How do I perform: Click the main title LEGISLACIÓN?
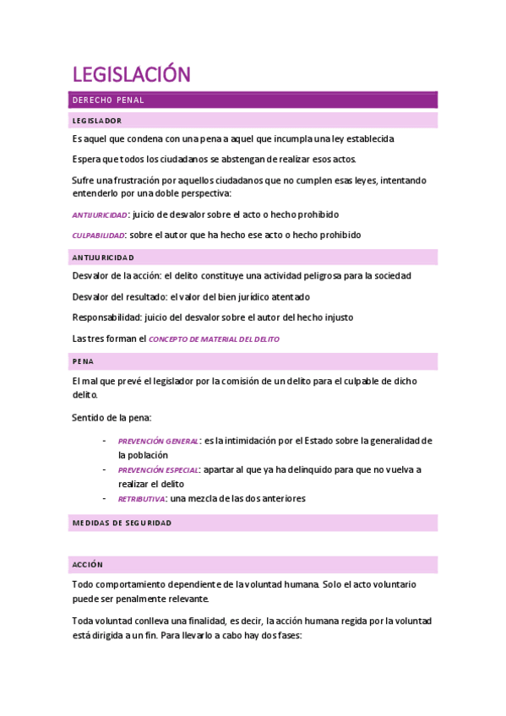(x=131, y=75)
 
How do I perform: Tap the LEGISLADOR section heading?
(x=97, y=121)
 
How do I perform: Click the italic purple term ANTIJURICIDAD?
(x=100, y=215)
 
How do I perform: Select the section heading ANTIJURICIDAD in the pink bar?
(x=103, y=257)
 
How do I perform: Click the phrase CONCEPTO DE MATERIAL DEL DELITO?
(x=214, y=339)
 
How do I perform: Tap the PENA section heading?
(x=83, y=361)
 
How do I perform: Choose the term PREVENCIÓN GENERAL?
(x=158, y=442)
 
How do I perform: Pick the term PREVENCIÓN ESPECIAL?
(x=158, y=470)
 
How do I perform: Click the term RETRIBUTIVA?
(x=141, y=499)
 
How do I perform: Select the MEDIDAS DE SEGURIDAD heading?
(x=122, y=523)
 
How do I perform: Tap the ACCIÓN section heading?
(x=87, y=563)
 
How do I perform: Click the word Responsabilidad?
(x=106, y=317)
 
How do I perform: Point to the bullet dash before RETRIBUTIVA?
(x=103, y=499)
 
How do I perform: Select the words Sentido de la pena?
(x=111, y=418)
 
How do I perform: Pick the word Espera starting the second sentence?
(x=86, y=160)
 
